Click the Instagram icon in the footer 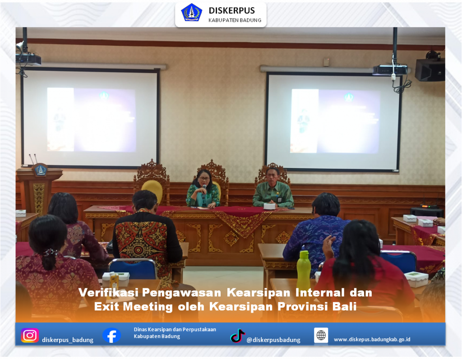[x=29, y=336]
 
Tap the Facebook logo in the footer [x=111, y=335]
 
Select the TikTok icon [x=237, y=336]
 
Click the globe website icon [x=321, y=335]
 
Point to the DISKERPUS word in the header [x=231, y=10]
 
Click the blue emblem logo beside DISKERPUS [x=191, y=13]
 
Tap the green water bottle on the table [x=303, y=270]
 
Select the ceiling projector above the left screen [x=28, y=59]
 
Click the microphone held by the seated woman [x=204, y=187]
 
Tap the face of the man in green [x=272, y=174]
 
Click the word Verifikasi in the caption [x=109, y=292]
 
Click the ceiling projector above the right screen [x=390, y=70]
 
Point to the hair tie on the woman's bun [x=50, y=253]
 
